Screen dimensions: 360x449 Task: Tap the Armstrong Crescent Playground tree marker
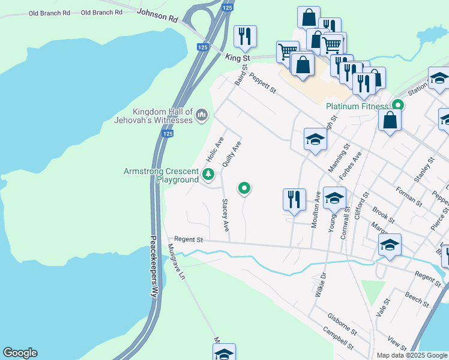pos(208,175)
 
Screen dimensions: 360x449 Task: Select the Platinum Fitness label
pos(357,106)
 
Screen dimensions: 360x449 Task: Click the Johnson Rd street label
pos(158,16)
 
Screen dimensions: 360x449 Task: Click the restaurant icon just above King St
pos(244,37)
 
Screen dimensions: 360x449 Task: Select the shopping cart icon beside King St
pos(288,52)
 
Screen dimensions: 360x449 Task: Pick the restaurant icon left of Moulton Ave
pos(294,199)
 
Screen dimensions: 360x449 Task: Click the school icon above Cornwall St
pos(335,197)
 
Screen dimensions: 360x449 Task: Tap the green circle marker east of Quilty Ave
pos(244,188)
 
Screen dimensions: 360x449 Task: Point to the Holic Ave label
pos(214,149)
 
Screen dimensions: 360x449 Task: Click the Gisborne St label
pos(342,323)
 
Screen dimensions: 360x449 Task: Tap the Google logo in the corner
pos(20,353)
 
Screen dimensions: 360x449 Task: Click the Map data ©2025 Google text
pos(412,355)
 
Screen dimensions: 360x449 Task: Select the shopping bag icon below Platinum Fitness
pos(390,120)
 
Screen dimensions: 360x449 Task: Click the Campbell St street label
pos(338,338)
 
